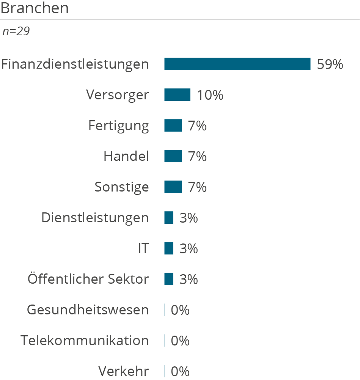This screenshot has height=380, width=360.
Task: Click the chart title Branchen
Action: tap(35, 8)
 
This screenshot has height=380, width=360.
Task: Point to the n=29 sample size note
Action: tap(16, 31)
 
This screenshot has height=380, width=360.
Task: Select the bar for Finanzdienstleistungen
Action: tap(237, 64)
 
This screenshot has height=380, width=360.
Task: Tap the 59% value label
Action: tap(330, 64)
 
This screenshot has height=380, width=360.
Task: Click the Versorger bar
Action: tap(177, 95)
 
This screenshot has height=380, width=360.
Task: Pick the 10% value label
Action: tap(210, 95)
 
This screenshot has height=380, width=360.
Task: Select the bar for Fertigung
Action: tap(173, 126)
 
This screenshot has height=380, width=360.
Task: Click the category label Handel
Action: tap(126, 156)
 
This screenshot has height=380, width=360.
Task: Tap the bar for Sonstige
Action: tap(173, 187)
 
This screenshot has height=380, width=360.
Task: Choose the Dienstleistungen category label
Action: tap(95, 218)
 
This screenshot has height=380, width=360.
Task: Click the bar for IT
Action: tap(169, 248)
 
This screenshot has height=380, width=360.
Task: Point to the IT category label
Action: tap(143, 248)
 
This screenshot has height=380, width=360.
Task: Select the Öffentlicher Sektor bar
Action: tap(169, 279)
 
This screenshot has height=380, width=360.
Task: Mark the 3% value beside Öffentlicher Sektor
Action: tap(189, 280)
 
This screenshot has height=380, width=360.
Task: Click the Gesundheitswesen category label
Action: tap(88, 310)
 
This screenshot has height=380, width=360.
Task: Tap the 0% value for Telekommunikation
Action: tap(180, 341)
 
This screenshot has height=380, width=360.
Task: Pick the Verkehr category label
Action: tap(124, 371)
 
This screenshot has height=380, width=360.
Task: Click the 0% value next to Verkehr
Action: tap(180, 372)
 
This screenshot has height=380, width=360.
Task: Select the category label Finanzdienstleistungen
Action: tap(75, 64)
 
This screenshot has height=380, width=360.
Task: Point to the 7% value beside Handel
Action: tap(197, 156)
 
